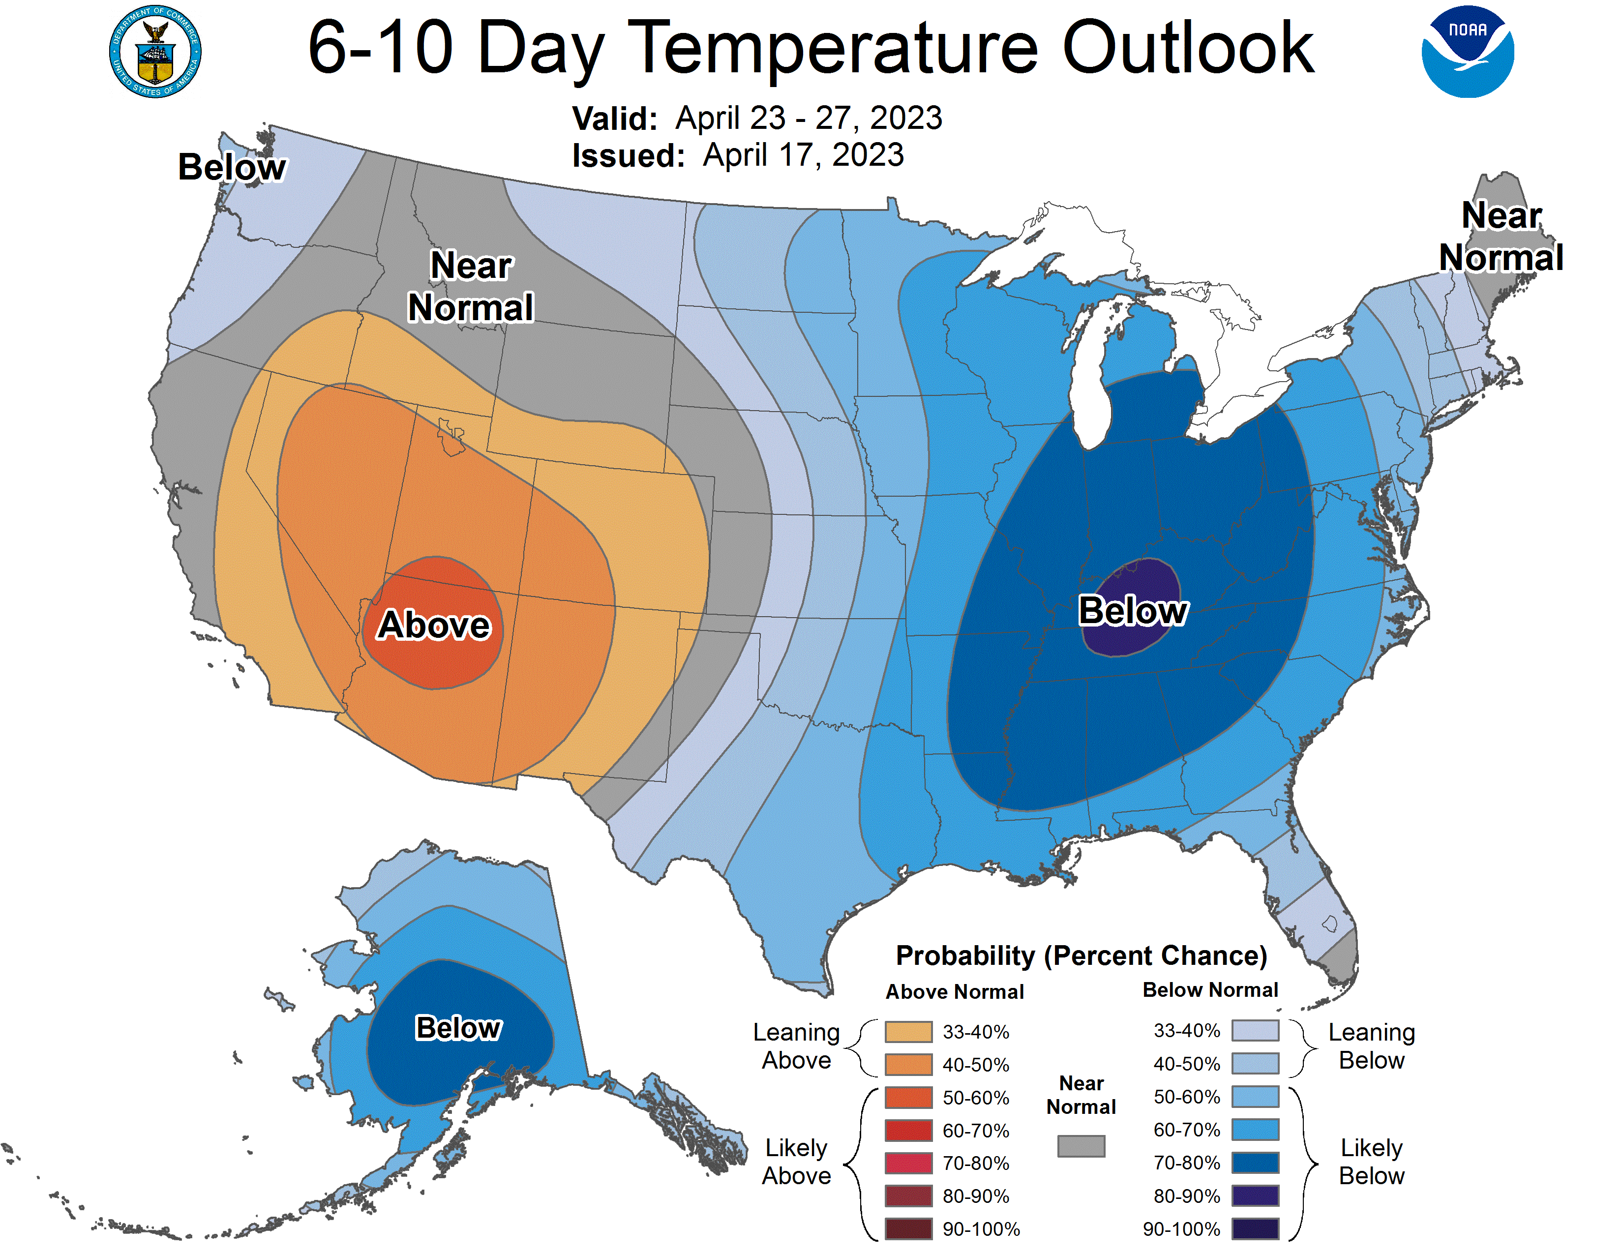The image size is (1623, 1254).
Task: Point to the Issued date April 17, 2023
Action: [x=803, y=155]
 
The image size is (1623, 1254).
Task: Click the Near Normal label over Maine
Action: [x=1501, y=236]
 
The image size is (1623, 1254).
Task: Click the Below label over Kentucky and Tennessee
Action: [x=1133, y=611]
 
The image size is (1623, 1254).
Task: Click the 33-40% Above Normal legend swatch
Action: [x=908, y=1031]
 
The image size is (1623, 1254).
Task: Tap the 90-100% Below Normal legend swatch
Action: [x=1255, y=1229]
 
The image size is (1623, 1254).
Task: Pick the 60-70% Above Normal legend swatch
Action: [x=908, y=1130]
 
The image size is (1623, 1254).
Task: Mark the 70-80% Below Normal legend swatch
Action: [x=1255, y=1163]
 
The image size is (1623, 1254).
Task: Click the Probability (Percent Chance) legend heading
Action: [x=1081, y=955]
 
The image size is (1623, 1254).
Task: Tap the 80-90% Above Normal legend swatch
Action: [x=908, y=1196]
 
